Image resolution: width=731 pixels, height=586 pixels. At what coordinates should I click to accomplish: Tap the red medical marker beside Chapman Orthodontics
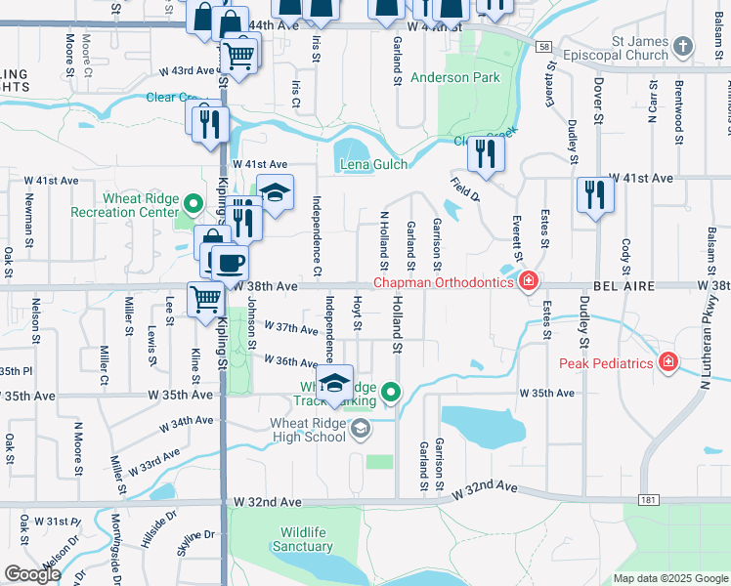tap(528, 282)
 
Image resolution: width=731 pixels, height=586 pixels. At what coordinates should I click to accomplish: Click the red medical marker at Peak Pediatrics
tap(668, 363)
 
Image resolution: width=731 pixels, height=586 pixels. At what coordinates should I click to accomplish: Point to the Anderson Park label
tap(454, 77)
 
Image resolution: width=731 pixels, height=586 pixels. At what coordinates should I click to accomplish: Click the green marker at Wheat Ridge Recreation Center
tap(193, 205)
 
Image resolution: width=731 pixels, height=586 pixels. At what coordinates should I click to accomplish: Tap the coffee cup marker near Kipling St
tap(231, 262)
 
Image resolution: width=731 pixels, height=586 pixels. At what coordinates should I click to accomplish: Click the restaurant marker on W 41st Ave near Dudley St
tap(594, 194)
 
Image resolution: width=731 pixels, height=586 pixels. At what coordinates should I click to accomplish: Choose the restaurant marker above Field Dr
tap(485, 152)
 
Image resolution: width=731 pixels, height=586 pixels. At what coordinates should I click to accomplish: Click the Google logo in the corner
tap(31, 574)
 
